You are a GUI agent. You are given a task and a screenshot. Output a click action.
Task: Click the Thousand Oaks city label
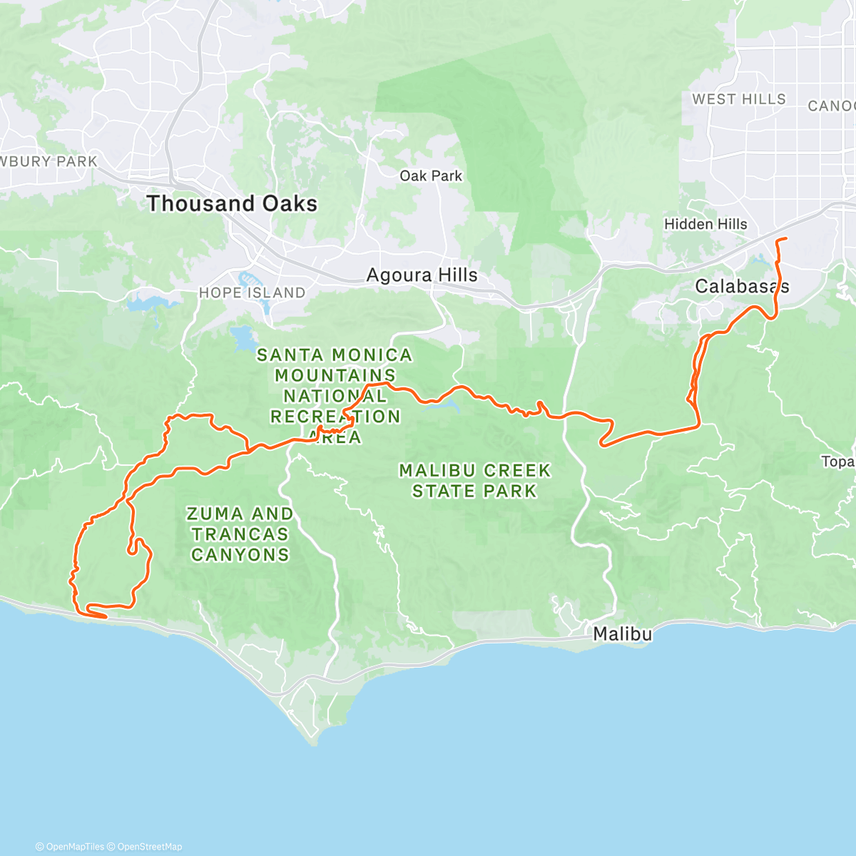232,203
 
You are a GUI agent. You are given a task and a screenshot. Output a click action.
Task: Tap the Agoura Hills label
422,275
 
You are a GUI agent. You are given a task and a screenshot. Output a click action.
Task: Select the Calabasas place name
742,287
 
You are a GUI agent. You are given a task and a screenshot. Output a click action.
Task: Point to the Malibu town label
623,633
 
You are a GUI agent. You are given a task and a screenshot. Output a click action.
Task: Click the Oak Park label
431,175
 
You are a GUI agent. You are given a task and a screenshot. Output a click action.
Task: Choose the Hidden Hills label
705,224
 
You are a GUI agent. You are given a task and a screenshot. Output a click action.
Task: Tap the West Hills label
739,99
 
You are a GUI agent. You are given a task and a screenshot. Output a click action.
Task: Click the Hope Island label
252,292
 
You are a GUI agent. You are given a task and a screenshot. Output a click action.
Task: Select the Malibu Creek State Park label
474,481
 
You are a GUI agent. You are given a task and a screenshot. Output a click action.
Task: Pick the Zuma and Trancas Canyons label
240,534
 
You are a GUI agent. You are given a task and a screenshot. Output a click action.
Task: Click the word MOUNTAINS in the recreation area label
335,375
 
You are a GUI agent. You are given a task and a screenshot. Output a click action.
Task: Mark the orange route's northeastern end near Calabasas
785,238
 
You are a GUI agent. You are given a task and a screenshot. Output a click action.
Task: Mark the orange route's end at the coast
106,616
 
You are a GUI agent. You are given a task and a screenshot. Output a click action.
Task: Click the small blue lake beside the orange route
449,407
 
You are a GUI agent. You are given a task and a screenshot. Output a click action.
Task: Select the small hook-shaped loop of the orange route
133,548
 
